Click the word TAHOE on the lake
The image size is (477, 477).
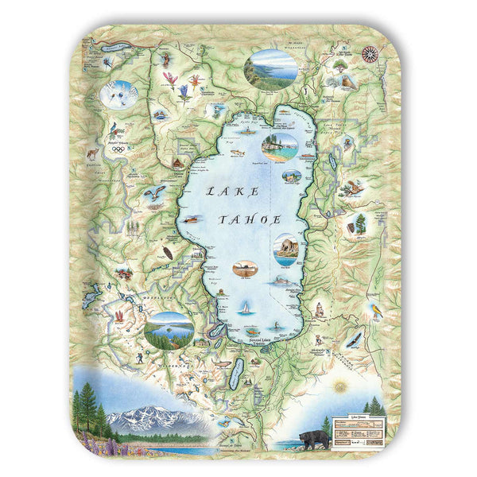click(250, 219)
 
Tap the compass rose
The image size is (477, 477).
click(369, 54)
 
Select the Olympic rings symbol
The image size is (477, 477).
click(118, 149)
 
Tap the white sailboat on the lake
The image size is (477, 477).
click(246, 306)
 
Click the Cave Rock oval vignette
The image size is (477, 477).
click(286, 248)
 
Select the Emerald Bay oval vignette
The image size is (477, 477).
click(169, 329)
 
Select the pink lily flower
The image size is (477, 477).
click(169, 78)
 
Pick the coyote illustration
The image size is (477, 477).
click(92, 152)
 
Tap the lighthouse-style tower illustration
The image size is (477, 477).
click(318, 308)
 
